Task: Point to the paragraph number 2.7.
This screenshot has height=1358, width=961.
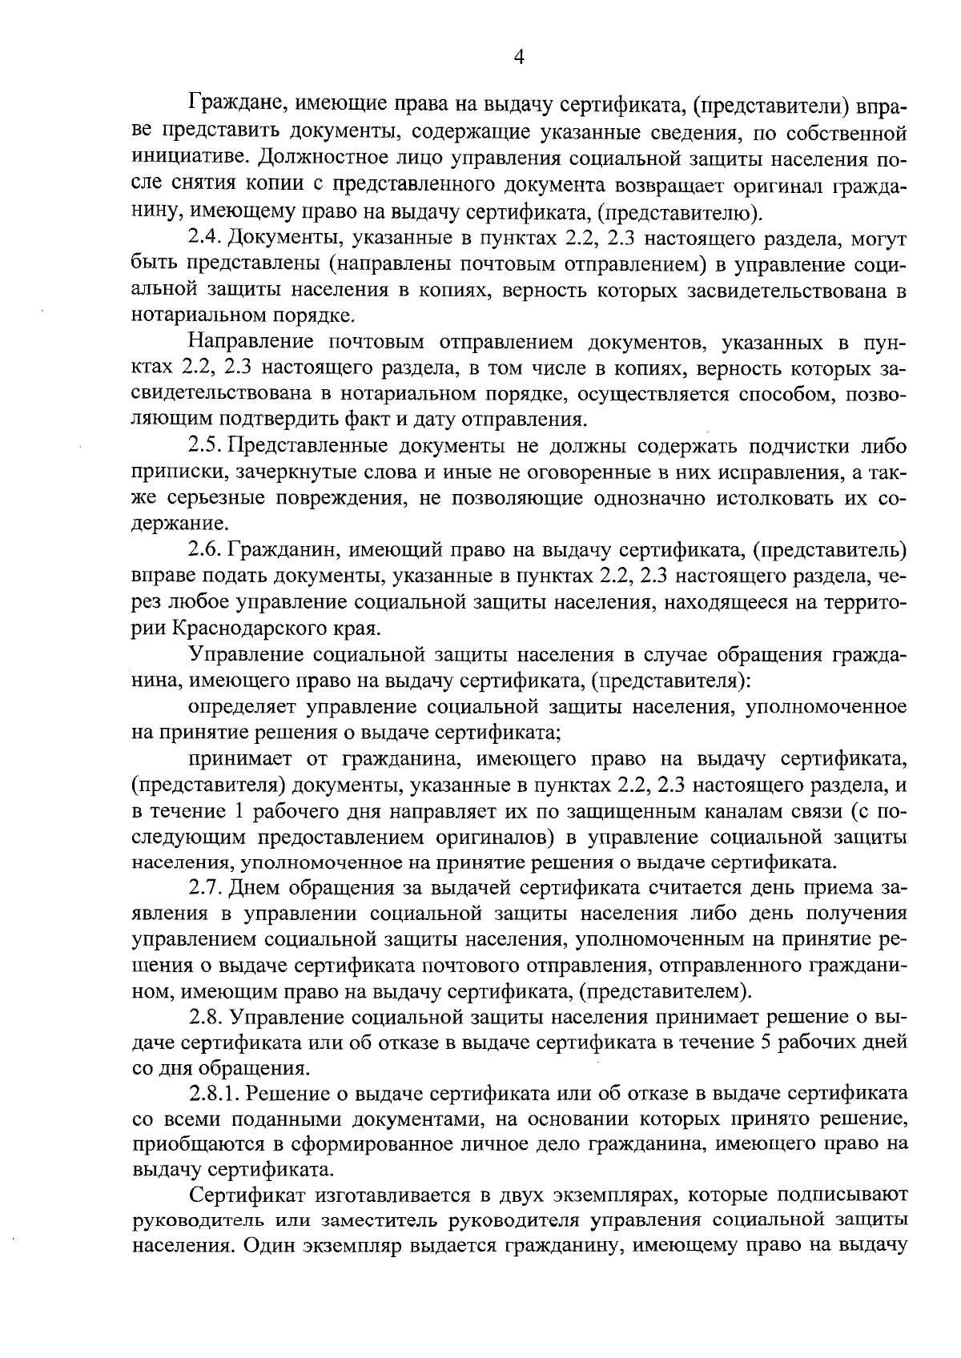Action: (205, 888)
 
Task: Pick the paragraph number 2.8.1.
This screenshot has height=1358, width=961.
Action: (214, 1095)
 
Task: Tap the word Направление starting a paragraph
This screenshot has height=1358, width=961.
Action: (249, 343)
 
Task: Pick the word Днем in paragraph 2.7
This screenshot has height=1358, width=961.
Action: (255, 888)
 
